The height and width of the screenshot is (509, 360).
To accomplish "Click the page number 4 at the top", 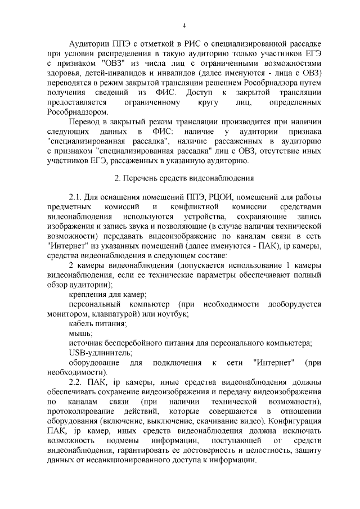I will tap(183, 26).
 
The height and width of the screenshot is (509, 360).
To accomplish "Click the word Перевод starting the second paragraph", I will tap(85, 122).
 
